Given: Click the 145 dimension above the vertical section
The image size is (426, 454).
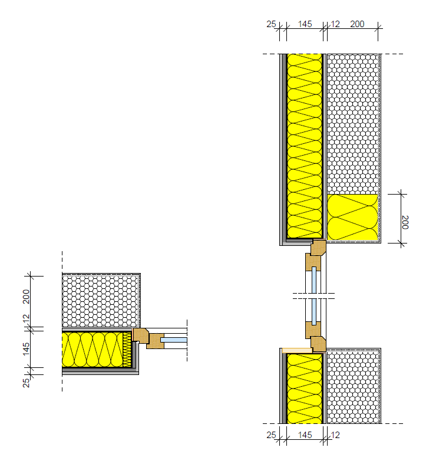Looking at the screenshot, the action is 305,24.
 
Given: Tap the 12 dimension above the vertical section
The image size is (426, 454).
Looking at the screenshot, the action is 335,24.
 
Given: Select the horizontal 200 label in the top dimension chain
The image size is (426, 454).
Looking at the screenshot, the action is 357,24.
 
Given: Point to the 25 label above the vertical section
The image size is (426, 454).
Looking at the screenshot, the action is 271,24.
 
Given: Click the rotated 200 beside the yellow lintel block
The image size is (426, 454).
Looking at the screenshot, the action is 405,222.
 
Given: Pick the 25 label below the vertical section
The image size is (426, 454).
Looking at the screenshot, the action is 271,435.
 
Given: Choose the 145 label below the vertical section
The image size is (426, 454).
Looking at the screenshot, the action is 305,435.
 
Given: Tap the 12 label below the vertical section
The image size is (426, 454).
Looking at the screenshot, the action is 335,435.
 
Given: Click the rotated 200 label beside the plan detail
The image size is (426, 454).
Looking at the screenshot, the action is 27,297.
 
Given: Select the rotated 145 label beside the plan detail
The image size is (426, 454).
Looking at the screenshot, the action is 27,349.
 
